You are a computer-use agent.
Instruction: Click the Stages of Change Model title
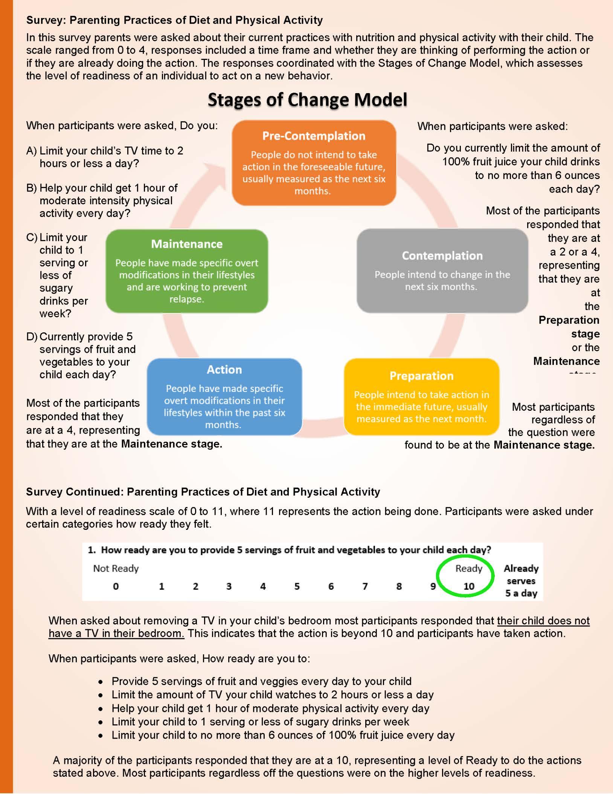(307, 100)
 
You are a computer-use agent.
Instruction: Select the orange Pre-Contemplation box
(314, 163)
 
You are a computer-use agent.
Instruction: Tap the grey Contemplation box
(442, 271)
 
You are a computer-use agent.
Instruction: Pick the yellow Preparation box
(421, 396)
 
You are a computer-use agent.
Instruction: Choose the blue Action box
(224, 396)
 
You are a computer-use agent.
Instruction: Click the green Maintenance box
(187, 271)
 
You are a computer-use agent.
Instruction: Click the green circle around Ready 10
(465, 577)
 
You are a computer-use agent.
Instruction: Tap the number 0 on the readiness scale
(116, 586)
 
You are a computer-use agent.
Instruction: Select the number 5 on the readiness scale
(297, 586)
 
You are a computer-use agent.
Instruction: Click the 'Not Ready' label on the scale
(116, 568)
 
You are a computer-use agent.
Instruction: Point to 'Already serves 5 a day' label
(521, 581)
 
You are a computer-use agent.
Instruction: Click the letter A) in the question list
(32, 151)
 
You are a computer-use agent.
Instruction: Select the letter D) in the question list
(32, 337)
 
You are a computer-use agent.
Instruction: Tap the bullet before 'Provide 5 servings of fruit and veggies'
(101, 682)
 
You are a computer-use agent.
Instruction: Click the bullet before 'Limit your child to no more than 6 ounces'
(101, 736)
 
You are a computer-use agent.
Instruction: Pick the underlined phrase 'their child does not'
(543, 621)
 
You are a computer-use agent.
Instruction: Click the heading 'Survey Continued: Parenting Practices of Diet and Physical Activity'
(203, 492)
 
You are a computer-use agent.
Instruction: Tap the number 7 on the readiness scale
(365, 586)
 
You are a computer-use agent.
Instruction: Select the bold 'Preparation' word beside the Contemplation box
(569, 320)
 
